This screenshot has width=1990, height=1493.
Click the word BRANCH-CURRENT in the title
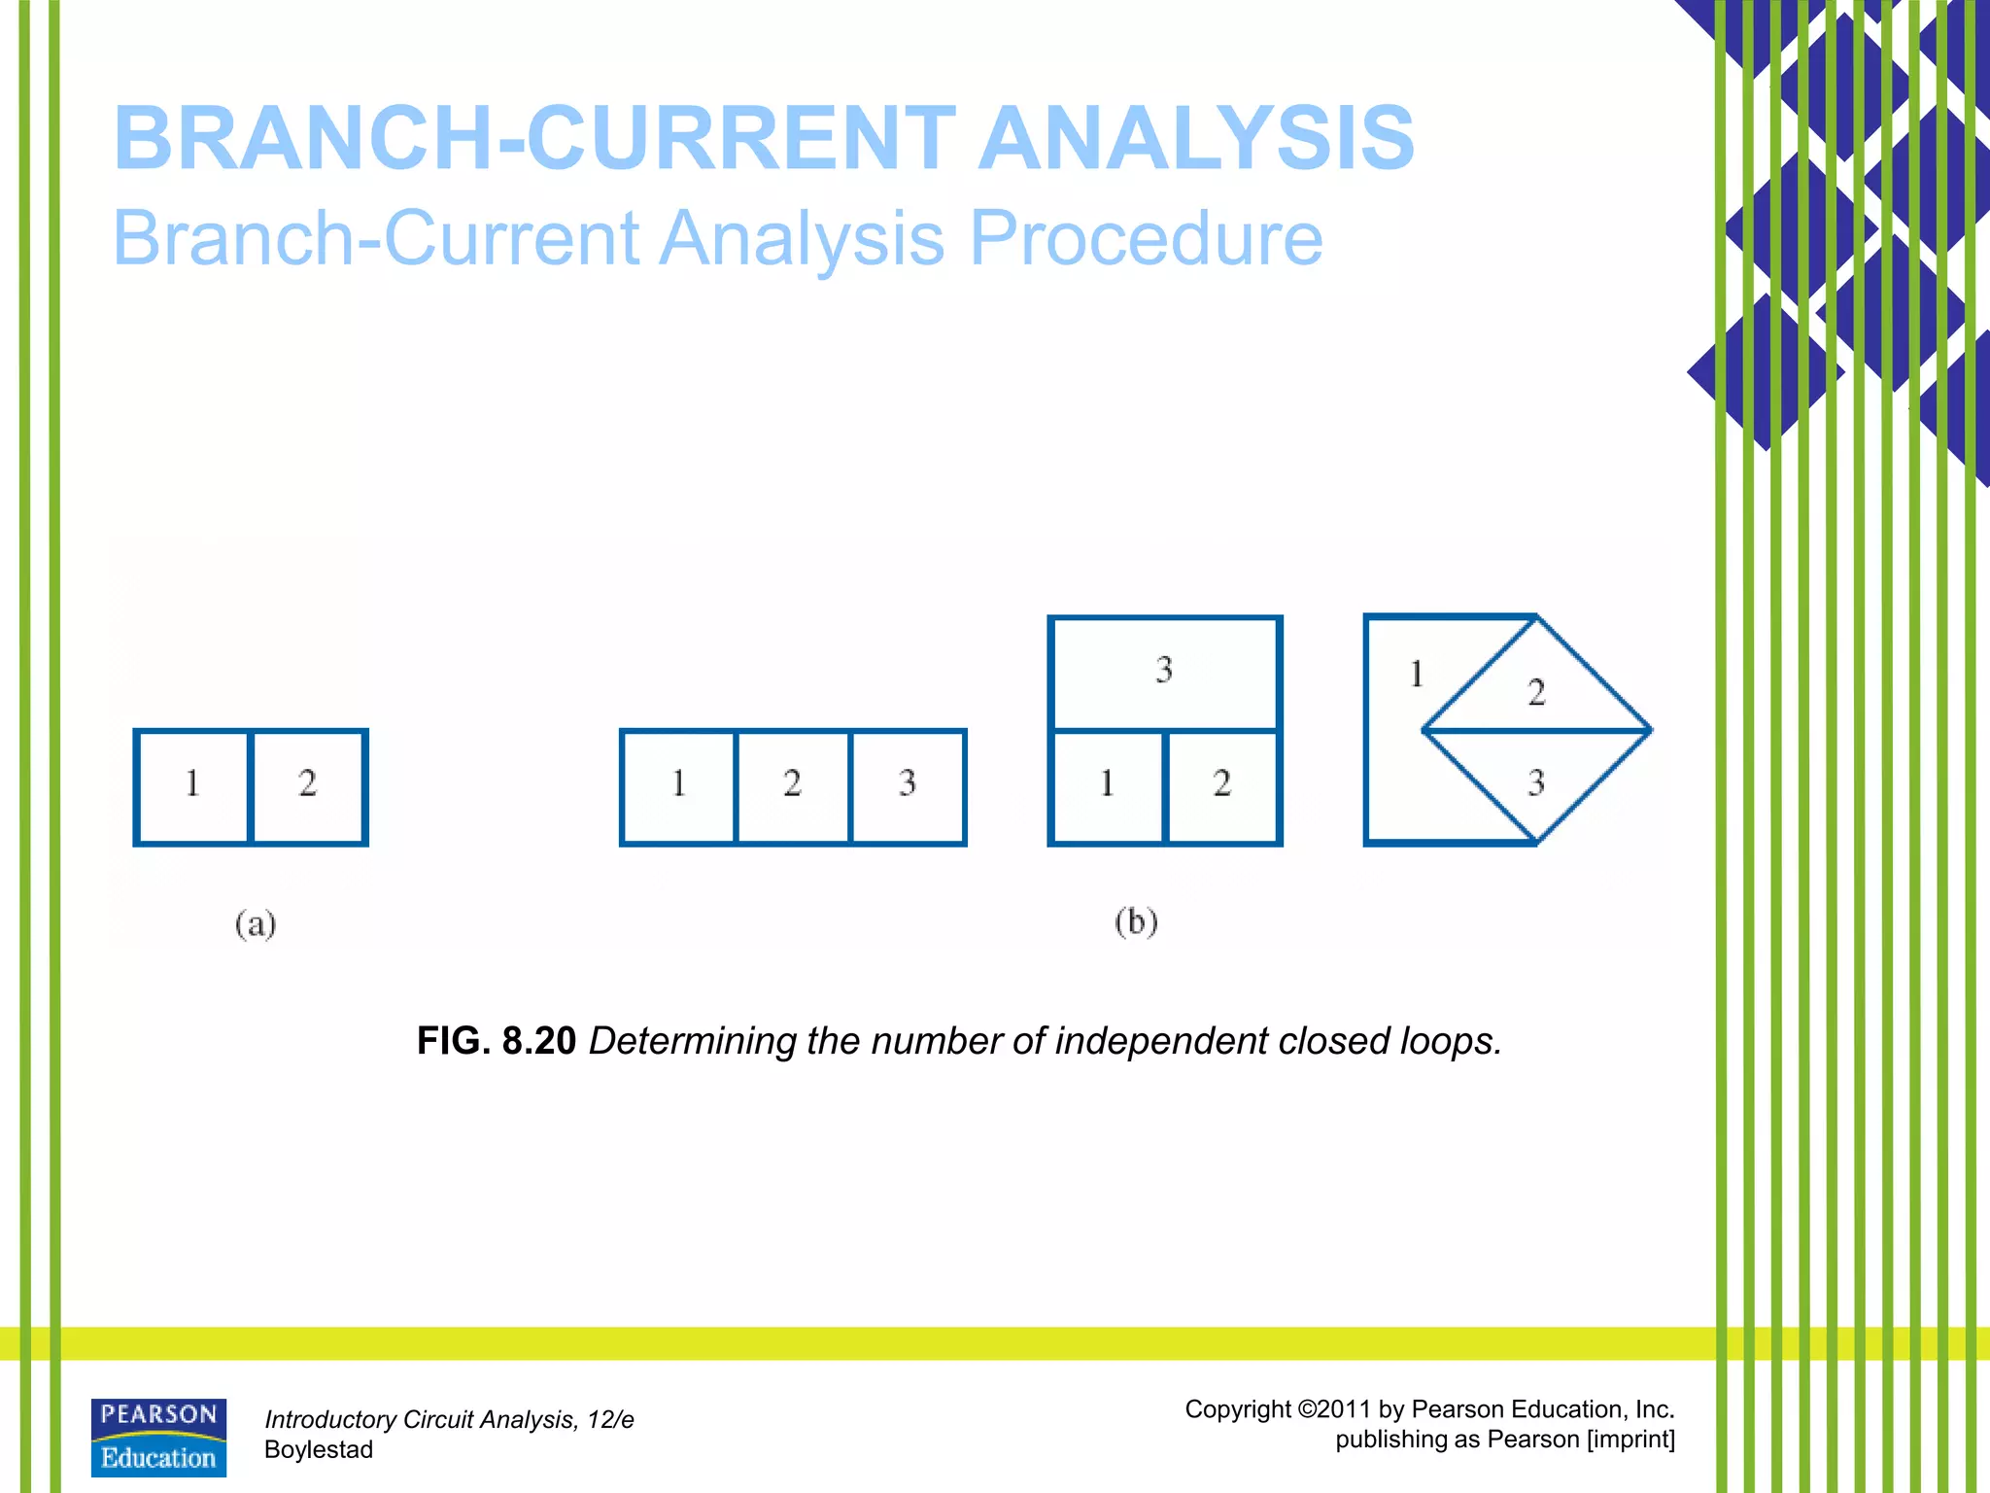534,138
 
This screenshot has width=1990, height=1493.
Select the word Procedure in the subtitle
1146,238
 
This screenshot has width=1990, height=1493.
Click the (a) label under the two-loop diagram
256,922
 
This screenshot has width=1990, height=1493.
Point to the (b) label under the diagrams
1136,920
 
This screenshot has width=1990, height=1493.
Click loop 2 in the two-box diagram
308,783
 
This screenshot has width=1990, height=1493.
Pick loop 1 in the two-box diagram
192,783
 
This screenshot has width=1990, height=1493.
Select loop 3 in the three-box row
908,783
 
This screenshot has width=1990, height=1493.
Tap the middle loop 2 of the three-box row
793,783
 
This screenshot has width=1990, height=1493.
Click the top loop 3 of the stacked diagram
1164,670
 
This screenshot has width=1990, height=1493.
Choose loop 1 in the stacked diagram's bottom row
1107,783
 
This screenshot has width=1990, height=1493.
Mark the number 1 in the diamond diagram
1417,674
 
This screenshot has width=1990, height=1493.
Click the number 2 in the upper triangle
1536,692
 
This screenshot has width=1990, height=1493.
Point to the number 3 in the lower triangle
1536,783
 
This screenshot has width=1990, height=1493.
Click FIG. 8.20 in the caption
497,1041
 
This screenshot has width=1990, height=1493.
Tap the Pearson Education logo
158,1438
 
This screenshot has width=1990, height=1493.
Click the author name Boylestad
319,1450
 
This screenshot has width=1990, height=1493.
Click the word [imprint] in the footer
1630,1440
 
